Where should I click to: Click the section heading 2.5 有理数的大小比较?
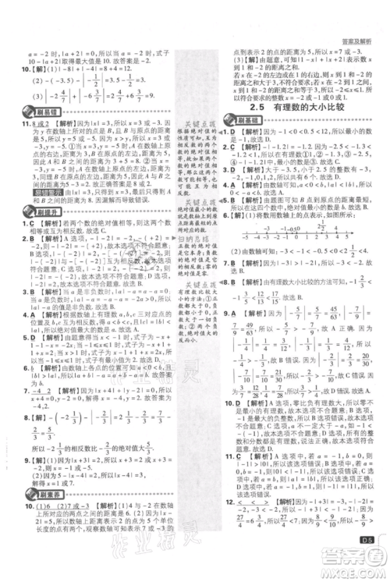[300, 108]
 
